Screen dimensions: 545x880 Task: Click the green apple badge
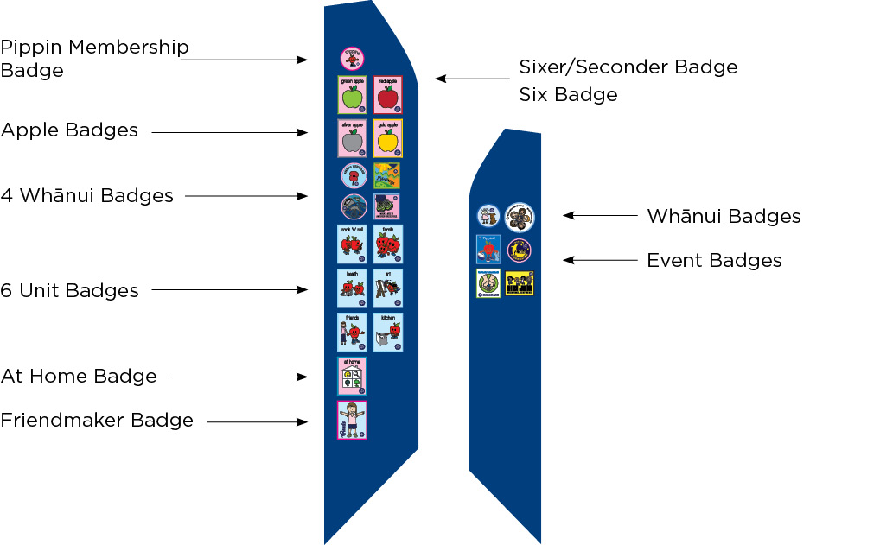coord(352,95)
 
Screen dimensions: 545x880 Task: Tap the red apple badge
coord(388,95)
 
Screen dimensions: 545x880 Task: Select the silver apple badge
coord(352,138)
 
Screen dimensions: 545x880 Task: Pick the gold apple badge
coord(388,138)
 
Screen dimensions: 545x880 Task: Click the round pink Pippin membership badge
coord(352,59)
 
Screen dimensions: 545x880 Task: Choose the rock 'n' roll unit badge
coord(352,244)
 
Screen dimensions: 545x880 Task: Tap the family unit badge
coord(388,244)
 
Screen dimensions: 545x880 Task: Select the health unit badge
coord(352,288)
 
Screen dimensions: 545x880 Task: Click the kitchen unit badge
coord(388,332)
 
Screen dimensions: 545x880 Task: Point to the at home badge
coord(352,376)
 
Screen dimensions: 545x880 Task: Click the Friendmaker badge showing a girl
coord(352,421)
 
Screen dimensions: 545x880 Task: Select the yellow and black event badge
coord(520,283)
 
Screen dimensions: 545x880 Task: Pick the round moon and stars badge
coord(520,250)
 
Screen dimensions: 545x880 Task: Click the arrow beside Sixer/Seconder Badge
coord(472,79)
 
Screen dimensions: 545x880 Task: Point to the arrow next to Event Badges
coord(599,259)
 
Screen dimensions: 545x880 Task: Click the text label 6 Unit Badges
coord(69,290)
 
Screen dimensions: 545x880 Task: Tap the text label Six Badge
coord(568,94)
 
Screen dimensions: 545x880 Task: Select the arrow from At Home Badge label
coord(238,377)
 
